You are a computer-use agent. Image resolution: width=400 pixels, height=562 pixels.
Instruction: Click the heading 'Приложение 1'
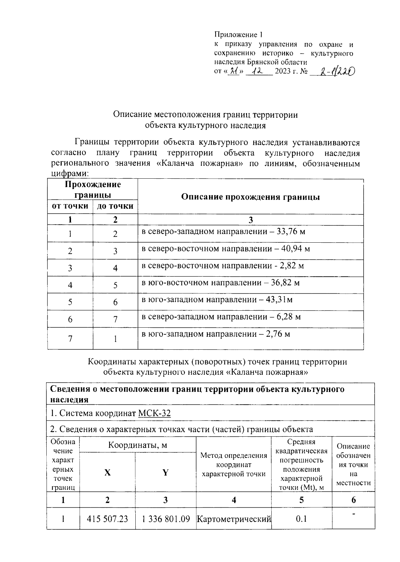click(x=238, y=35)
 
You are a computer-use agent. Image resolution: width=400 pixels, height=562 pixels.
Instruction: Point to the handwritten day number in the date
click(x=235, y=71)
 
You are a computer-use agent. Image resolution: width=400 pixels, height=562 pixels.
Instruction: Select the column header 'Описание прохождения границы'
click(x=250, y=197)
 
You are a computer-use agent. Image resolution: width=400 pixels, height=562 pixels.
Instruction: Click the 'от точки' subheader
click(x=70, y=206)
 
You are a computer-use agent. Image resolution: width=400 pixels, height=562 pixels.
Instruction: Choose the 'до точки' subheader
click(x=115, y=206)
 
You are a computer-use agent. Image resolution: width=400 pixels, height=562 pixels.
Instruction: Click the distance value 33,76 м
click(x=291, y=232)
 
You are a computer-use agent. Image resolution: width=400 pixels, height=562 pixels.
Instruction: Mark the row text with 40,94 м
click(x=226, y=249)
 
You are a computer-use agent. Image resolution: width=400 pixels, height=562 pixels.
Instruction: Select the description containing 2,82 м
click(x=223, y=266)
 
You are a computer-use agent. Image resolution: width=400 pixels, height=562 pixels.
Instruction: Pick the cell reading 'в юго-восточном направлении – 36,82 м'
click(x=221, y=283)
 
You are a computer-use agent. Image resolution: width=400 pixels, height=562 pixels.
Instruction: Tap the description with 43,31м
click(x=217, y=300)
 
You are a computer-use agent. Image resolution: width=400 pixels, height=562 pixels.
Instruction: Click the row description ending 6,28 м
click(x=221, y=317)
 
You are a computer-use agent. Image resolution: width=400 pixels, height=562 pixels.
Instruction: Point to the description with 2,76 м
click(x=216, y=334)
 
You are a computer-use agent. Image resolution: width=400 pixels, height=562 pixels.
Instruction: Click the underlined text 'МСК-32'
click(x=154, y=414)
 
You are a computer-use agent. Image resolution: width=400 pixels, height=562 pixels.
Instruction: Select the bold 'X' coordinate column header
click(x=107, y=473)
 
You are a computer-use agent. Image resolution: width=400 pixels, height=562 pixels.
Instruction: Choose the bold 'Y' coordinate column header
click(x=165, y=473)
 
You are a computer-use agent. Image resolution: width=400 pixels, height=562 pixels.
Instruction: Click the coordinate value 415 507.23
click(x=107, y=519)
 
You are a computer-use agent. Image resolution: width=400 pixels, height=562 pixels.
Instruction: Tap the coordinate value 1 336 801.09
click(x=165, y=519)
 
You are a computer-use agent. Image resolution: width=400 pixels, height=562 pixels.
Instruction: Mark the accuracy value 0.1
click(x=301, y=519)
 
